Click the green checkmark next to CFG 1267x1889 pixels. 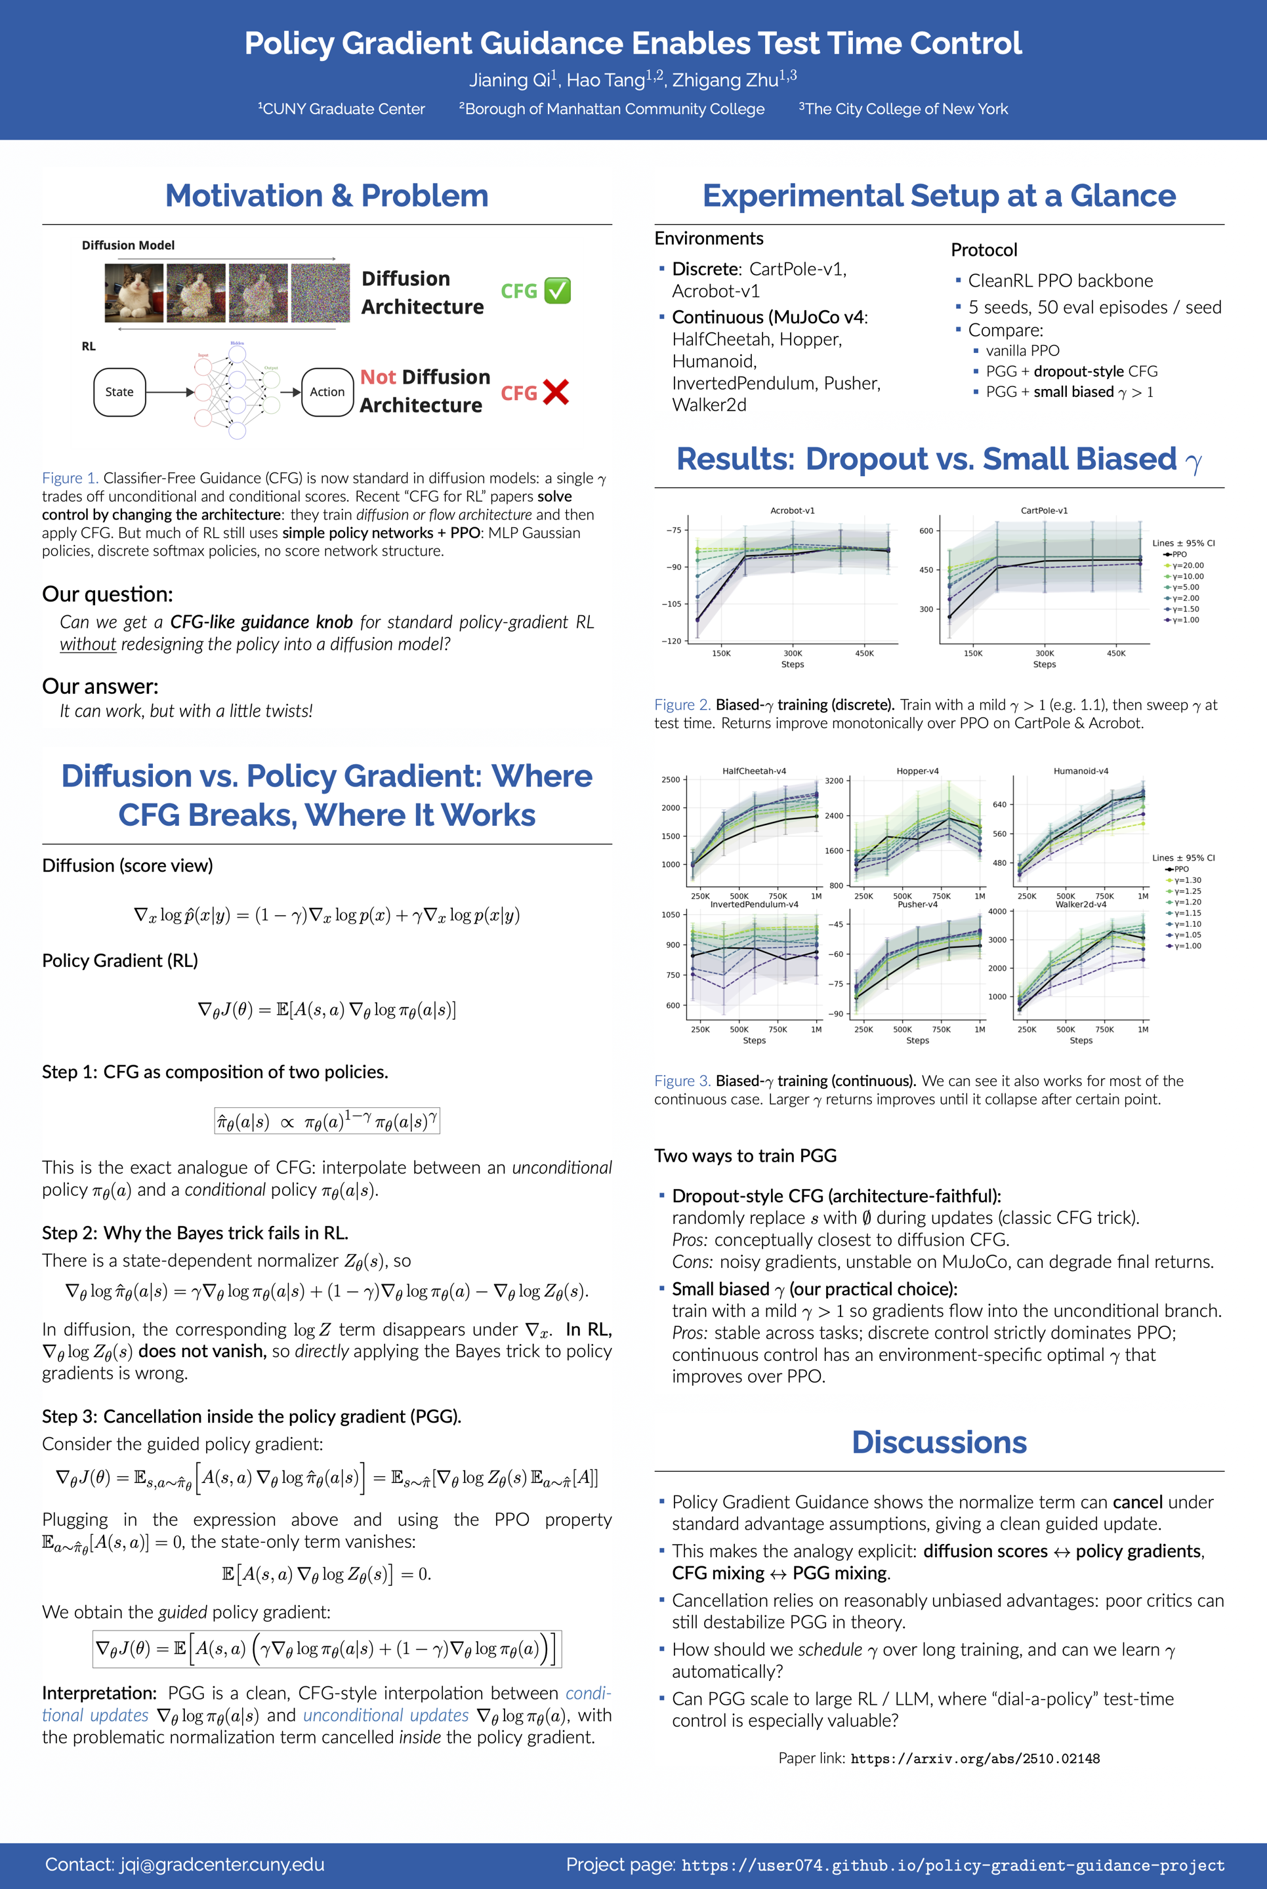tap(557, 291)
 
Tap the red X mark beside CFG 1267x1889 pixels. tap(556, 392)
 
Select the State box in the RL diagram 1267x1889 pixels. tap(119, 392)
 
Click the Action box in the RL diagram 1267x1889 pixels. tap(327, 392)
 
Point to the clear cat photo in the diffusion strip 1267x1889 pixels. tap(134, 293)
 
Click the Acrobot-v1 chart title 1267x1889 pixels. tap(792, 510)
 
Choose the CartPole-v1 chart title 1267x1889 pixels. tap(1044, 510)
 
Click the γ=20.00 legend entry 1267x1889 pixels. tap(1187, 565)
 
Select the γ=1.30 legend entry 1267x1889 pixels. tap(1187, 880)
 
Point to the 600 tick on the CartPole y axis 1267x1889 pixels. tap(926, 531)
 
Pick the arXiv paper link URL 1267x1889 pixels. tap(974, 1759)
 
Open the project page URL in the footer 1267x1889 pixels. tap(953, 1865)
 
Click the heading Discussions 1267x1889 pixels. tap(939, 1442)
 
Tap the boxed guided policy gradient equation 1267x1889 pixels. tap(327, 1649)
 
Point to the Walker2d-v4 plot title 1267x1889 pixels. tap(1081, 904)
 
